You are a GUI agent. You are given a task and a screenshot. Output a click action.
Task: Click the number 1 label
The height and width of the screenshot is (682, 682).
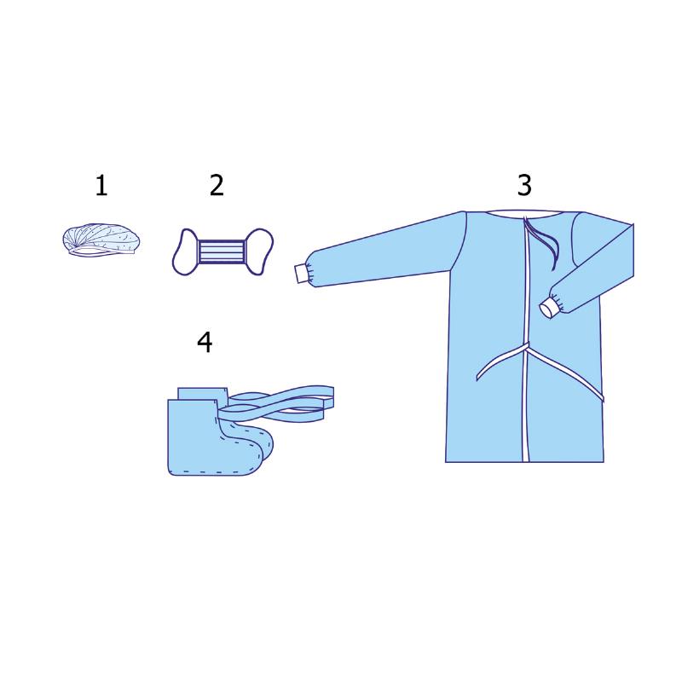point(101,185)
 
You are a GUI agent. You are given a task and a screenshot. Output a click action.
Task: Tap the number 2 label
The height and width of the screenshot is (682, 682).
point(217,185)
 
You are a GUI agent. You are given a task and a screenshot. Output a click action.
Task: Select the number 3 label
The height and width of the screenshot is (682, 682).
point(524,185)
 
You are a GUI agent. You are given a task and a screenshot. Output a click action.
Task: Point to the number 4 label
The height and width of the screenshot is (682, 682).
point(205,343)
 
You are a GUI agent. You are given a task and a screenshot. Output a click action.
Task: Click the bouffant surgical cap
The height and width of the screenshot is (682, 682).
point(101,240)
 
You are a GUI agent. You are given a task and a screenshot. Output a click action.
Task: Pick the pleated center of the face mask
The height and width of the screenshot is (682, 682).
point(222,251)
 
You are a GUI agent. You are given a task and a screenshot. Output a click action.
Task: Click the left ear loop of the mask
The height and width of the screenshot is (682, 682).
point(186,251)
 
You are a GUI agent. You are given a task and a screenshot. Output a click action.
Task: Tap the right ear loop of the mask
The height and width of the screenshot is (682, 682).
point(259,251)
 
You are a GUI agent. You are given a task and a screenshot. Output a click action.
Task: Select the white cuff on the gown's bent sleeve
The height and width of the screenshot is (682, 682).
point(549,308)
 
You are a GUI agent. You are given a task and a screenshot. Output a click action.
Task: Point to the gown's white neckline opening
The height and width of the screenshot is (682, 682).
point(524,213)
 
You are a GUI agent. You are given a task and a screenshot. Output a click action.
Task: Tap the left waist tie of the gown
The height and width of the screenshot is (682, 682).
point(500,360)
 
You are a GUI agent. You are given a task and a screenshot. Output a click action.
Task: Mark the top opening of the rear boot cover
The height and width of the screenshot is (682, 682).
point(203,392)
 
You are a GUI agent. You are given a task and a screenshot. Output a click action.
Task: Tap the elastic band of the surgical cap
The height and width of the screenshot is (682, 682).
point(101,253)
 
